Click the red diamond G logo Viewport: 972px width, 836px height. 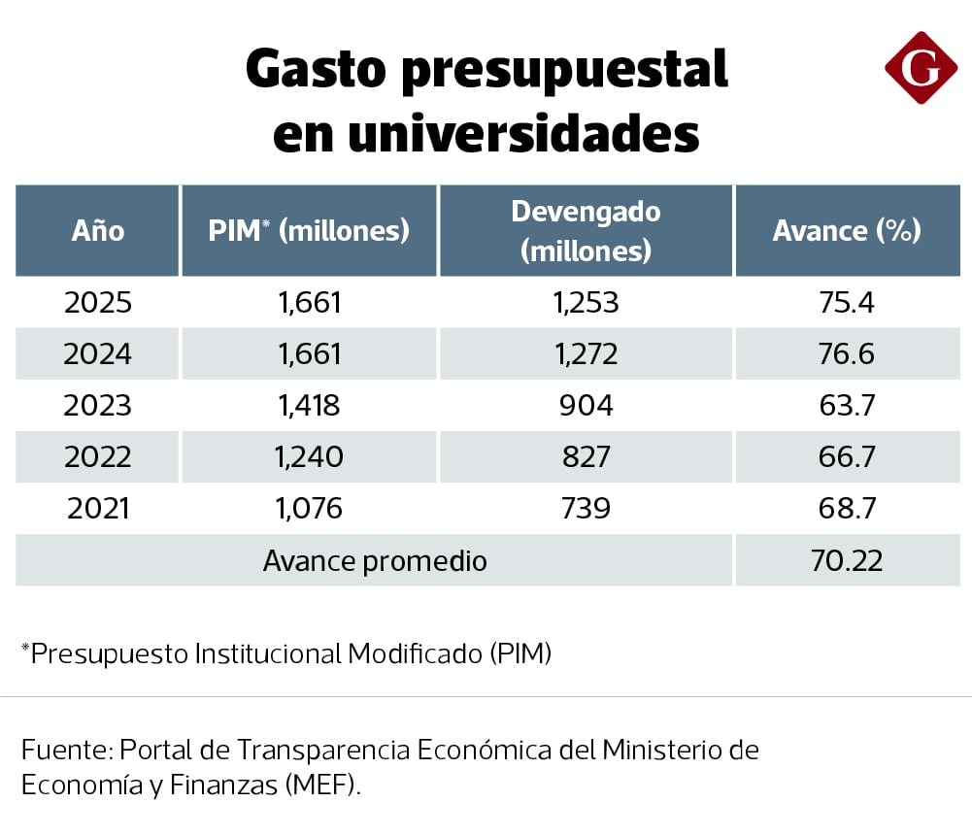921,67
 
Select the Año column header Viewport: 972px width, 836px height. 98,231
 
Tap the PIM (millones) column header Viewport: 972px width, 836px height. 309,231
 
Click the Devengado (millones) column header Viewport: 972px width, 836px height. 586,231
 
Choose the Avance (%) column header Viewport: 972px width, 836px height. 847,231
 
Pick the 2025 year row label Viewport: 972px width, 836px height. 98,303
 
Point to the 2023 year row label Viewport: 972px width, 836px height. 98,405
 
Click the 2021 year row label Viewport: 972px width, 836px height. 98,507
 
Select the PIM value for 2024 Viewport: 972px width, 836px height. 310,354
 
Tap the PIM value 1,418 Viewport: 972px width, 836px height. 310,405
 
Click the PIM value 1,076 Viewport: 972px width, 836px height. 310,507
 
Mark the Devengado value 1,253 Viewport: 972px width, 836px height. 586,303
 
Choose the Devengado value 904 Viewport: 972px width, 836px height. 586,405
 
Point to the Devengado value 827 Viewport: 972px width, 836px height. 586,456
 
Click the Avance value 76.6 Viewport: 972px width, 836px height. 847,354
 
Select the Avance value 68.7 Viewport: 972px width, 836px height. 847,507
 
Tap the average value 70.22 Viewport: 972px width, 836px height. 847,561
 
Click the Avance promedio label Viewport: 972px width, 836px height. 375,561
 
